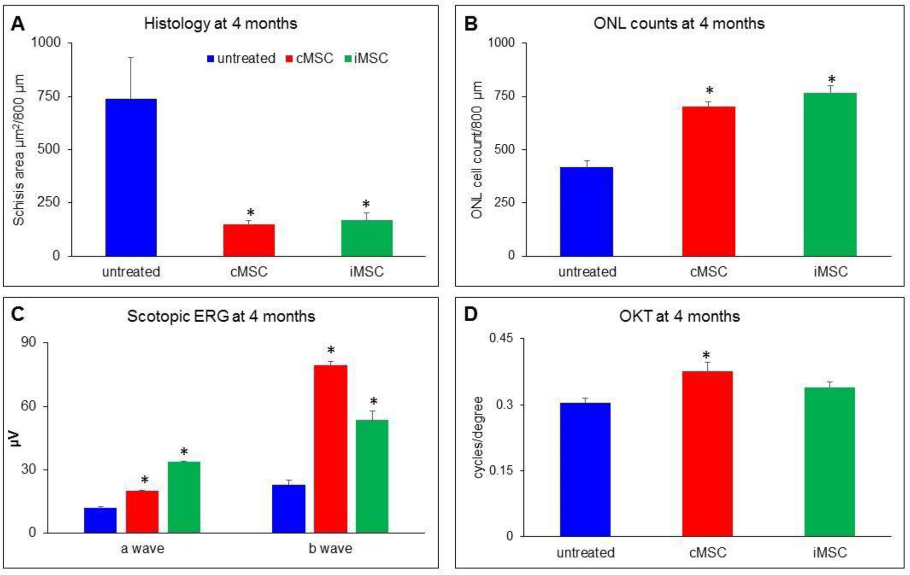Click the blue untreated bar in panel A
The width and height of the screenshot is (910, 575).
click(x=131, y=177)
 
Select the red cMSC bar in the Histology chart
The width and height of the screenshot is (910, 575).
click(x=249, y=240)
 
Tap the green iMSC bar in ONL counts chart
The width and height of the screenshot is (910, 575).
click(x=830, y=174)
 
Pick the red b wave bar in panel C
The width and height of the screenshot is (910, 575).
click(x=330, y=449)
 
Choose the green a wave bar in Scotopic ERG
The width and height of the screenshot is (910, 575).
click(x=184, y=497)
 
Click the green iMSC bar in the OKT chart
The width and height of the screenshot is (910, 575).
click(x=830, y=461)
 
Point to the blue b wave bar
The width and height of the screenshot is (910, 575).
click(x=288, y=508)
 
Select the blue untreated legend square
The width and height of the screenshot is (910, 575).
click(x=211, y=59)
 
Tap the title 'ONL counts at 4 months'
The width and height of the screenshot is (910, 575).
click(x=679, y=23)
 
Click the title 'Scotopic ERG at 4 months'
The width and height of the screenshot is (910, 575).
click(x=221, y=316)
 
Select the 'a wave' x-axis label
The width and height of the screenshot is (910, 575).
click(x=142, y=548)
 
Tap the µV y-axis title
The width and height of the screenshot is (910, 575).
click(x=17, y=438)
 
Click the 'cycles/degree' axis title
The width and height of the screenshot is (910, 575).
click(x=478, y=437)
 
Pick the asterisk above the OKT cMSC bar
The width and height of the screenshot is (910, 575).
click(x=706, y=355)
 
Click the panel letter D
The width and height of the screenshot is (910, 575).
click(x=470, y=314)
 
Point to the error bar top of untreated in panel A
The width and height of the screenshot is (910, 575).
click(x=131, y=57)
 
